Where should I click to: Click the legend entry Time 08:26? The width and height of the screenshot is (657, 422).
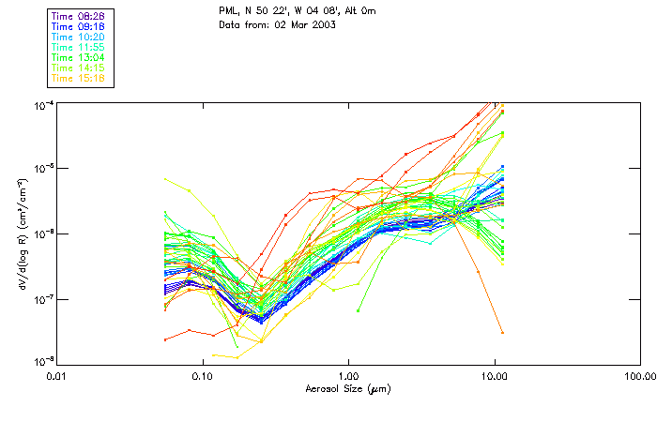click(x=79, y=17)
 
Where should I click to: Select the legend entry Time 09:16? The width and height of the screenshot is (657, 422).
click(x=79, y=27)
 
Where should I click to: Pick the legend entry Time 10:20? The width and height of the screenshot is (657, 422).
click(x=79, y=38)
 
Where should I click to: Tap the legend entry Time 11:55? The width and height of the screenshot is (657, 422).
click(x=79, y=48)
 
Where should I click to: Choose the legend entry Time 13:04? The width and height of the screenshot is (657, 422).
click(x=79, y=58)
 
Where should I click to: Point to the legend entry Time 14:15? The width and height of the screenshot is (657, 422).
click(x=79, y=68)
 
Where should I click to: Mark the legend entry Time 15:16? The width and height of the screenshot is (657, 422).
click(x=79, y=79)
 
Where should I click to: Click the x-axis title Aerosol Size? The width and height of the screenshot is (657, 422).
click(x=347, y=389)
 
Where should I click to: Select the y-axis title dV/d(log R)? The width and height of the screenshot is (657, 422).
click(x=21, y=233)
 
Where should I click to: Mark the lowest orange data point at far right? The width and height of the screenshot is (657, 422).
click(x=502, y=333)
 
